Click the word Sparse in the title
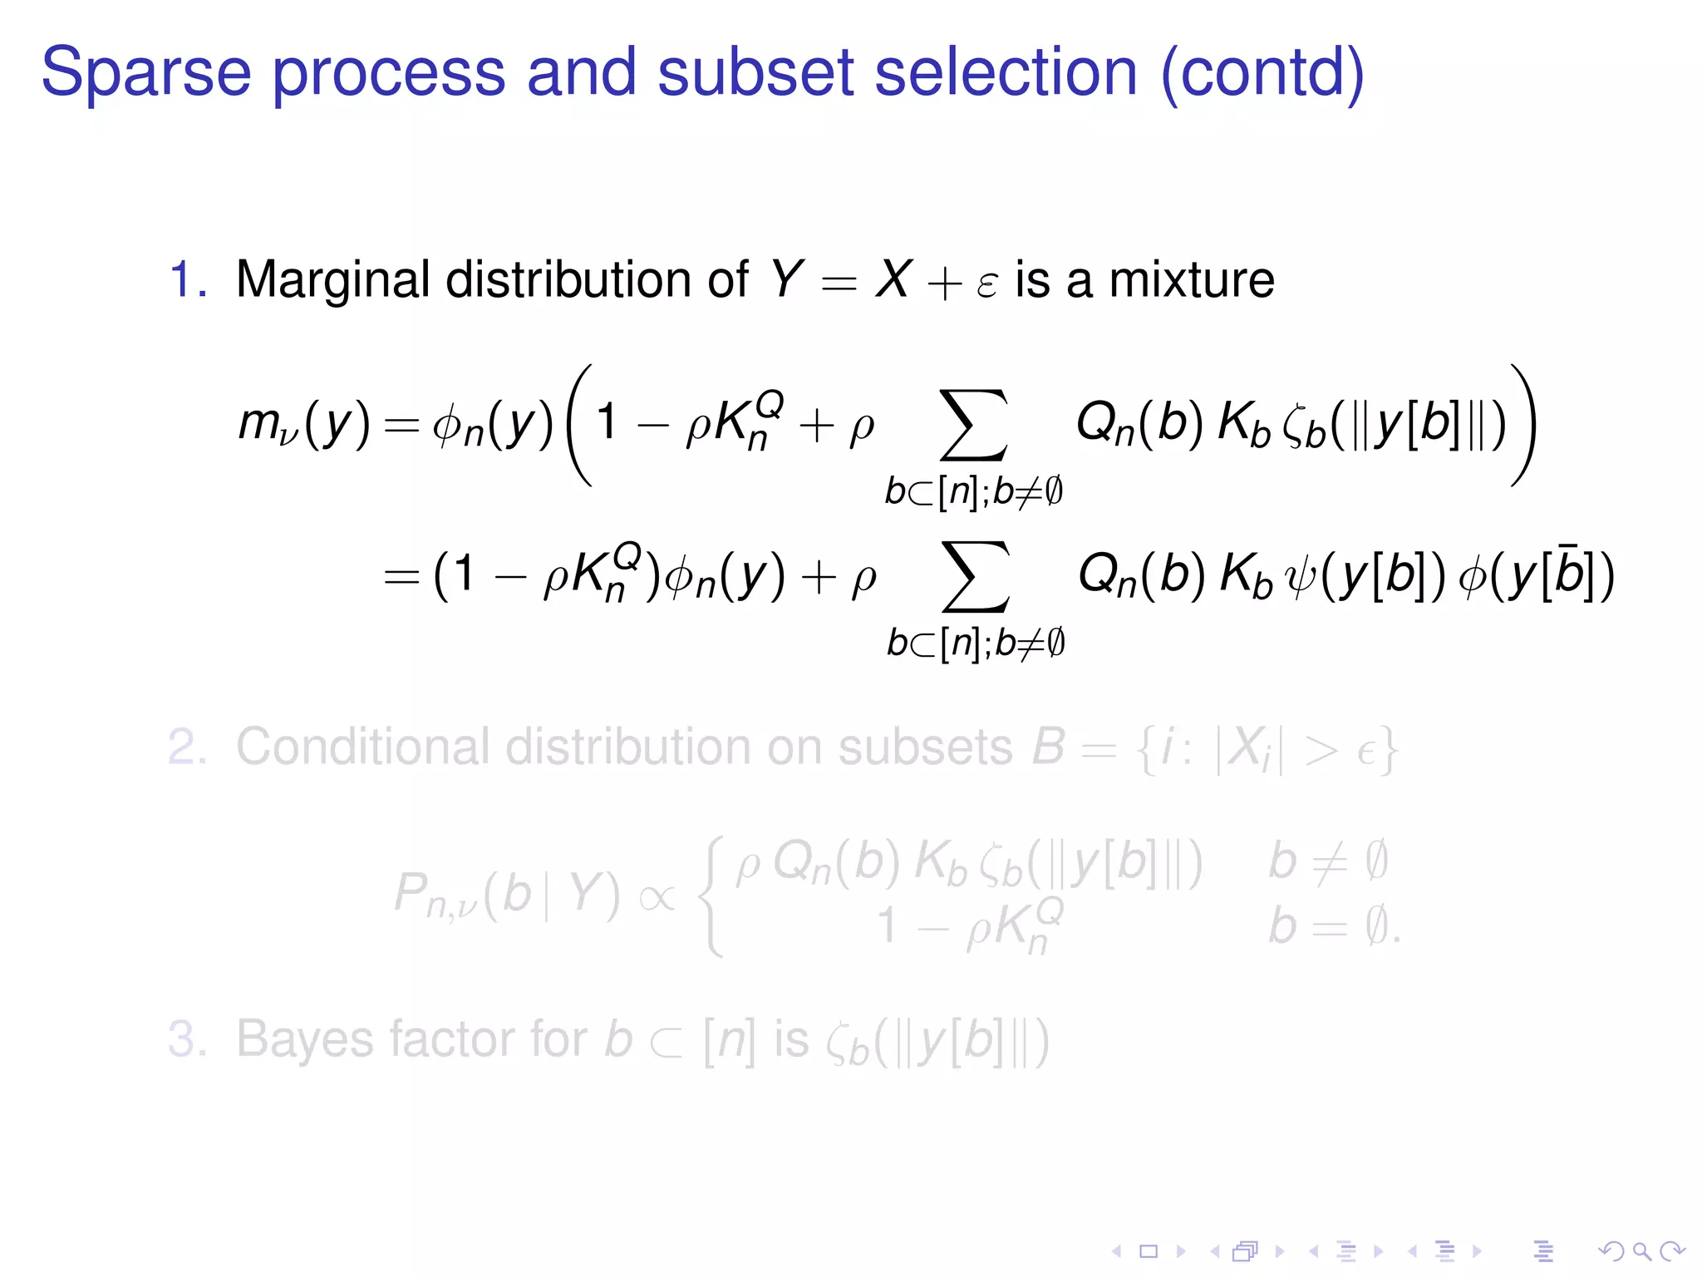146,73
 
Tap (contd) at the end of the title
1262,73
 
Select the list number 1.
187,279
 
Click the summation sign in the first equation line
973,425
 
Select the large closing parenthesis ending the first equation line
1523,425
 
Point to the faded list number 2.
187,747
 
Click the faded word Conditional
362,747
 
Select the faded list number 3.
187,1039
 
